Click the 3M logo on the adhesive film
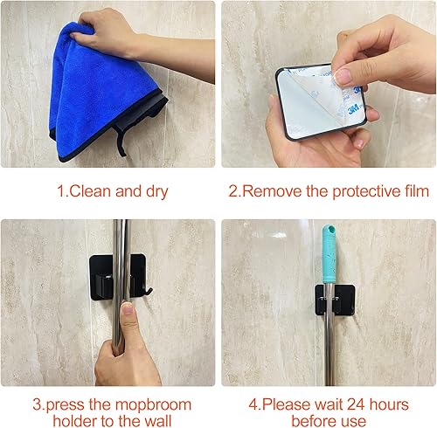[353, 110]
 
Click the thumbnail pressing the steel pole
[127, 309]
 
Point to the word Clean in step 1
[90, 191]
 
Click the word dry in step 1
[157, 192]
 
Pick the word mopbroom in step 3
[153, 405]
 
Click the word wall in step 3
[158, 421]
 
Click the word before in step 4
[312, 421]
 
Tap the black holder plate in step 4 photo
[335, 300]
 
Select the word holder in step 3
[74, 421]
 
